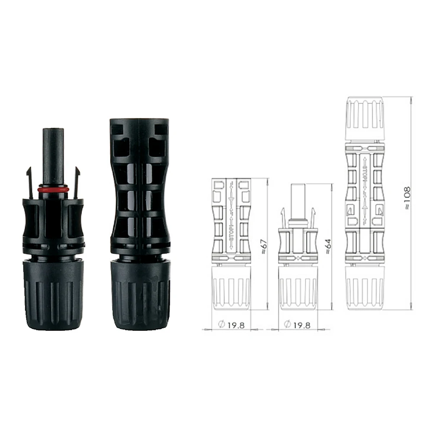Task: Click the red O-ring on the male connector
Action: [x=53, y=189]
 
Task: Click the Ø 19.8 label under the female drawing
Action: [x=232, y=325]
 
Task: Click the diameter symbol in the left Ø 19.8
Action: [x=221, y=325]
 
